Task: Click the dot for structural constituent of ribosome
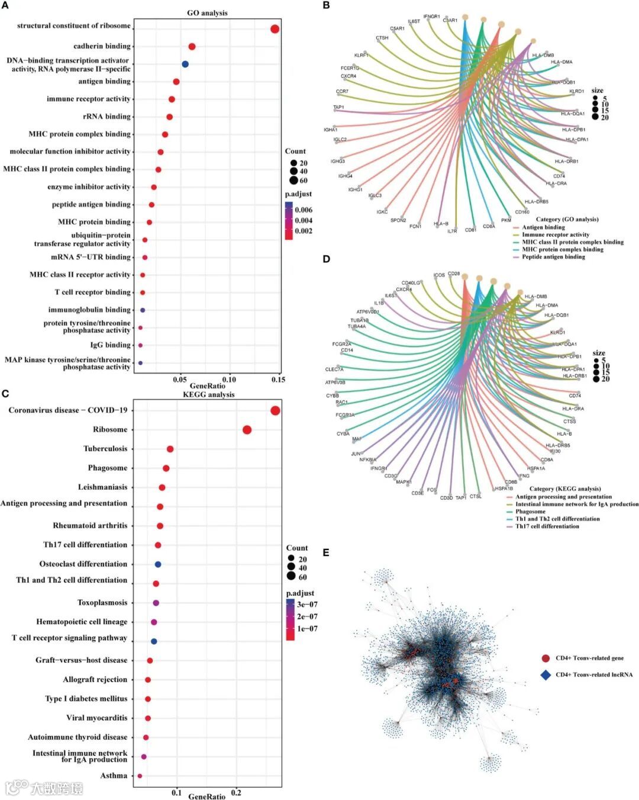[275, 29]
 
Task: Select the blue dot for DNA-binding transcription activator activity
[185, 64]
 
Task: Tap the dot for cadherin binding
[192, 47]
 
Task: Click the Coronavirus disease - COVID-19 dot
[275, 411]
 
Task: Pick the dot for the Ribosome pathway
[247, 430]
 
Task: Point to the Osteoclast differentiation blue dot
[158, 564]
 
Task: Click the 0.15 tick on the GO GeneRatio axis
[278, 380]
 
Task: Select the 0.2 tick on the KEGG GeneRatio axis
[236, 793]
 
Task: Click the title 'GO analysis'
[207, 13]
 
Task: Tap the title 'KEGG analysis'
[208, 394]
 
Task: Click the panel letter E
[326, 552]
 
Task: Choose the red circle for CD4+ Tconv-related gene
[546, 658]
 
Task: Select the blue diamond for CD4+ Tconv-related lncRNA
[546, 674]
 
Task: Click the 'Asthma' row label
[114, 776]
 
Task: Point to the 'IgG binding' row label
[110, 345]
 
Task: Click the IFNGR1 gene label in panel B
[431, 17]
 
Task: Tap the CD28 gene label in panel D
[454, 274]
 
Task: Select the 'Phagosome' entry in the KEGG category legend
[530, 512]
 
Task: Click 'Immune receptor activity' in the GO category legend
[556, 234]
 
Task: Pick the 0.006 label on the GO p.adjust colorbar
[304, 210]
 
